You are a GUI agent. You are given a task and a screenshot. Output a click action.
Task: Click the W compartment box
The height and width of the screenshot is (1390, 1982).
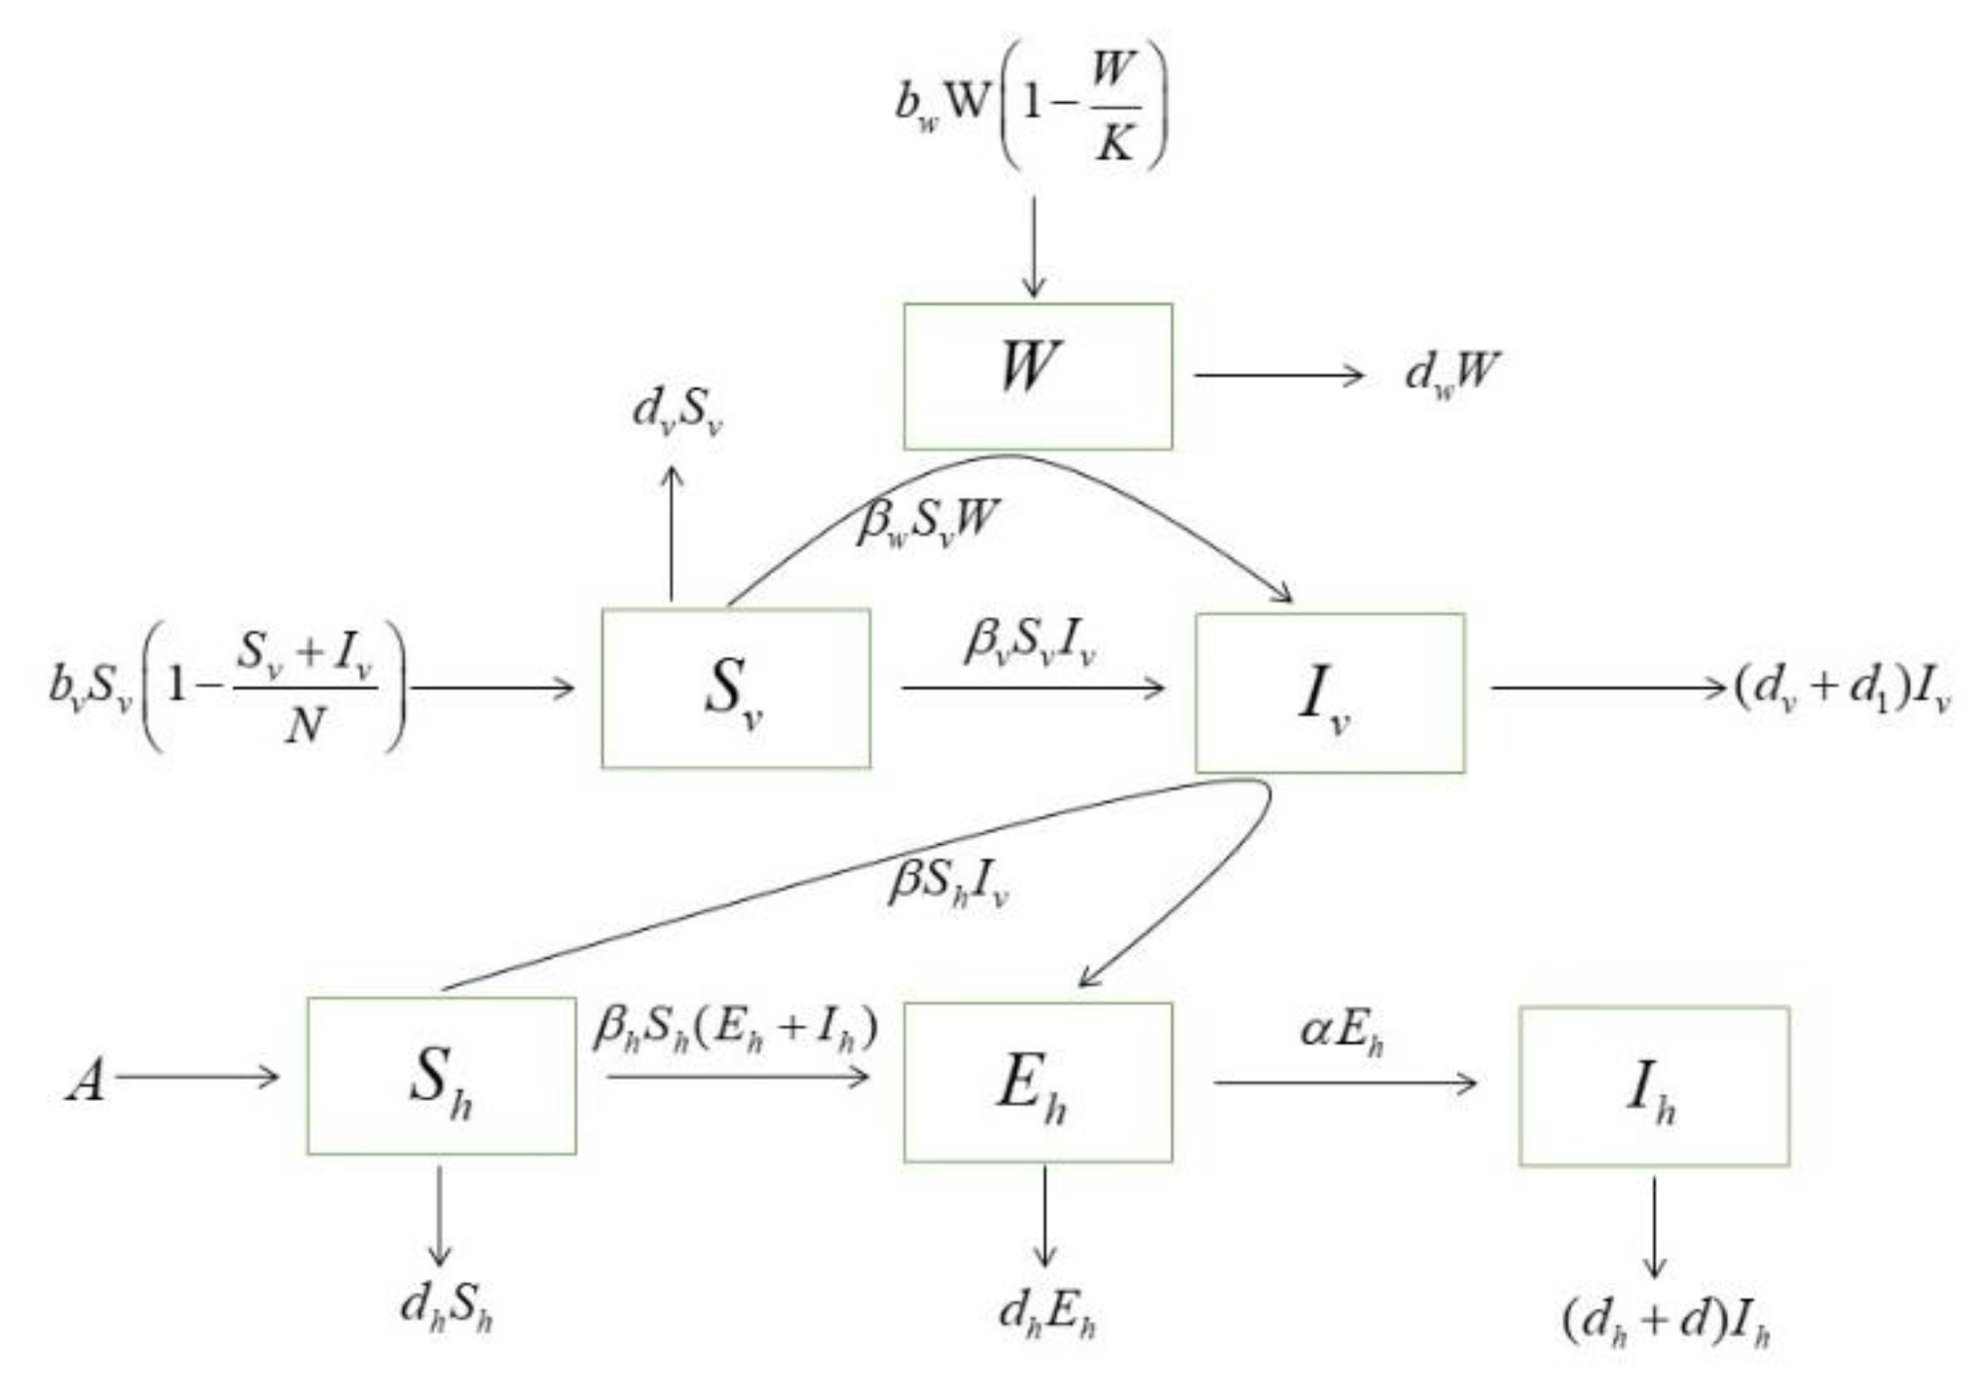tap(1038, 376)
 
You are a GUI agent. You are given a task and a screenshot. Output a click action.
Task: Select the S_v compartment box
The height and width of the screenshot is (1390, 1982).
tap(736, 688)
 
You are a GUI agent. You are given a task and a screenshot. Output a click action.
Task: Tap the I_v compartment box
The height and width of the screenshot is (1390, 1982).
tap(1330, 692)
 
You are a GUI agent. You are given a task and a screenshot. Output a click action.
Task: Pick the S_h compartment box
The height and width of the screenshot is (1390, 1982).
tap(441, 1076)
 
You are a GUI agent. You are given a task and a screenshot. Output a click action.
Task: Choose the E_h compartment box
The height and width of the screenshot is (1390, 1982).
tap(1038, 1081)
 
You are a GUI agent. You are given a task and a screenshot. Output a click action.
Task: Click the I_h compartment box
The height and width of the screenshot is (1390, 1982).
tap(1654, 1085)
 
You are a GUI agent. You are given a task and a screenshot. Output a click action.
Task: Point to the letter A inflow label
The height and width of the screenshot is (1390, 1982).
tap(85, 1080)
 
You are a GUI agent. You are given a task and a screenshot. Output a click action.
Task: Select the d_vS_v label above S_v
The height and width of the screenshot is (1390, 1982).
tap(678, 412)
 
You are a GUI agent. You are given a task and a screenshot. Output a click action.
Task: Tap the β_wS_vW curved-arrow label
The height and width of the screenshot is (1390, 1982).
tap(928, 522)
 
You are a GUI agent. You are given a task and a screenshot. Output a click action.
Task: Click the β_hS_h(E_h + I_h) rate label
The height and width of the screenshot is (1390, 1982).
tap(736, 1028)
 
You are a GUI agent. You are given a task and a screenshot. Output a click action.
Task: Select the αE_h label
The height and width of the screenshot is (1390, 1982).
tap(1341, 1032)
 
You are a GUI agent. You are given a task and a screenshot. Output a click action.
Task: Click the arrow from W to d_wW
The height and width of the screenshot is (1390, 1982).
tap(1279, 375)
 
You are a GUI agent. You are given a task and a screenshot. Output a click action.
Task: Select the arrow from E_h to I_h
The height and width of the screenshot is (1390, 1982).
tap(1344, 1081)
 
